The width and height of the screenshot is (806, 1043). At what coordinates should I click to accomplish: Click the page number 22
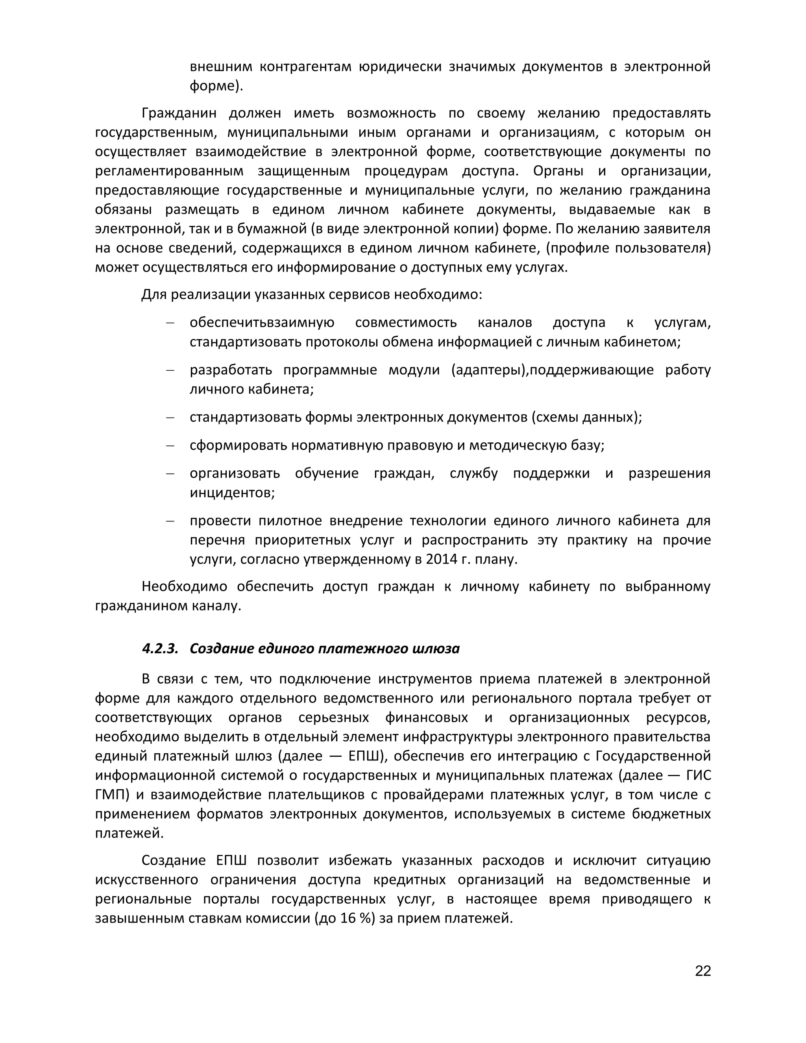(x=703, y=971)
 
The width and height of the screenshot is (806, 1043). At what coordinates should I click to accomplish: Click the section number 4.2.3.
(x=159, y=649)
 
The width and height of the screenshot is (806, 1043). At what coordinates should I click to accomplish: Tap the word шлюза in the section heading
(x=438, y=649)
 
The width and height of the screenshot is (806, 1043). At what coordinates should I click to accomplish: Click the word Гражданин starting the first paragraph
(x=179, y=113)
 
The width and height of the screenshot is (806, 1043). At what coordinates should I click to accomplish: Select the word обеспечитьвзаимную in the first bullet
(x=262, y=323)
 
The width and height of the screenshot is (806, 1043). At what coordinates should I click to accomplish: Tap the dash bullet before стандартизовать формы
(x=170, y=417)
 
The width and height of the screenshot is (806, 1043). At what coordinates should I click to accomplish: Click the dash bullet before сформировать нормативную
(x=170, y=446)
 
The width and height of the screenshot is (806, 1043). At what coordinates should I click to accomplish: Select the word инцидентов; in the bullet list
(x=232, y=492)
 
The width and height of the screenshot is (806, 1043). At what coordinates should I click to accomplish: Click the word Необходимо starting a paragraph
(x=184, y=586)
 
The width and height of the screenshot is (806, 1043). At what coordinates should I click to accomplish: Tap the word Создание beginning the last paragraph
(x=173, y=860)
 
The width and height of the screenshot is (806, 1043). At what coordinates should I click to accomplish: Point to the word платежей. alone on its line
(x=129, y=833)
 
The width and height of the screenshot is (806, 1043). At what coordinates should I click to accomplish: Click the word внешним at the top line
(x=220, y=67)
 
